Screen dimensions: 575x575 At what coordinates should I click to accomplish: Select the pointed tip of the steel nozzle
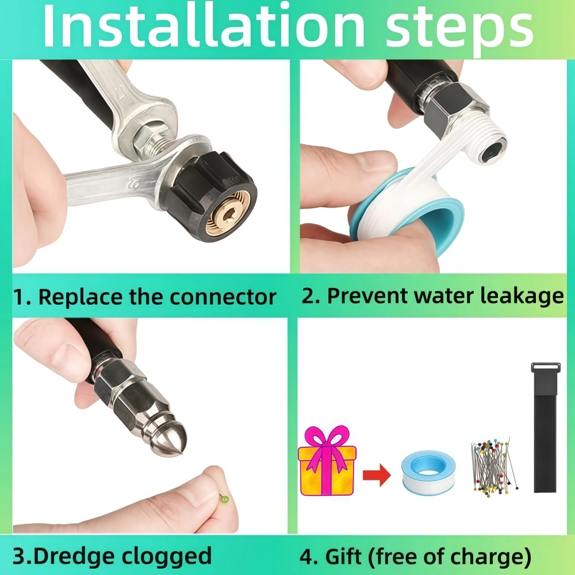point(182,455)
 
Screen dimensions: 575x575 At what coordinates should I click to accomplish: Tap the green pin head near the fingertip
point(224,499)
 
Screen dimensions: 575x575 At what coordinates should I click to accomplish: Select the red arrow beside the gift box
point(377,476)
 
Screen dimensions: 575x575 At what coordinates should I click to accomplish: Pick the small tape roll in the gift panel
point(428,473)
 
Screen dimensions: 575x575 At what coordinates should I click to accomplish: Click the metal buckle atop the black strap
point(546,367)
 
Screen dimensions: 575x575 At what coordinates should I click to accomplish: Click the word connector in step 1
point(223,297)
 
